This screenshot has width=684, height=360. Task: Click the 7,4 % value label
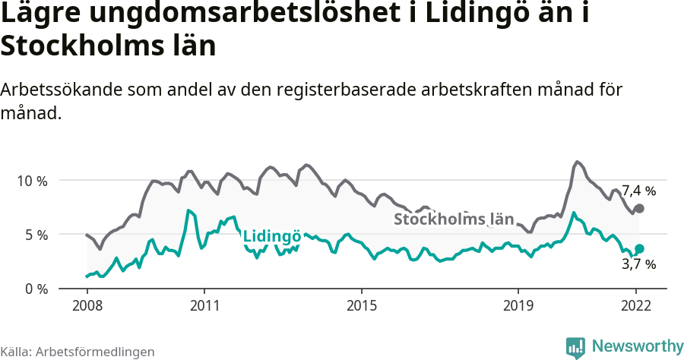pos(638,191)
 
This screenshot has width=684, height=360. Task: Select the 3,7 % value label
pos(638,264)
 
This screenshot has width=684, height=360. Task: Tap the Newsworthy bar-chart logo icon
pos(575,347)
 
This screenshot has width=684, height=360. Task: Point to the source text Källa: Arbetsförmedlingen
pos(78,352)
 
